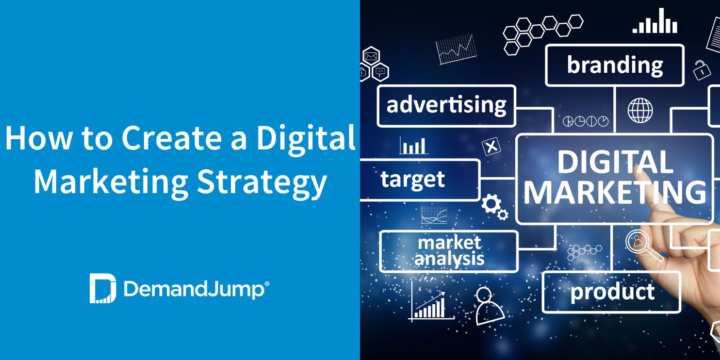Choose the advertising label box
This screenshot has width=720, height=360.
click(446, 106)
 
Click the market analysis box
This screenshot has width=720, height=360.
click(449, 251)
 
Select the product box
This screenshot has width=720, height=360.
click(611, 292)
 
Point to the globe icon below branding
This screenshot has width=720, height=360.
click(640, 110)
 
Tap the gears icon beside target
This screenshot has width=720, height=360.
click(494, 207)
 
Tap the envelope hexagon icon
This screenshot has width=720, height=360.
click(371, 56)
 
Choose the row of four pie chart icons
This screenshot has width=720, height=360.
click(585, 121)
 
